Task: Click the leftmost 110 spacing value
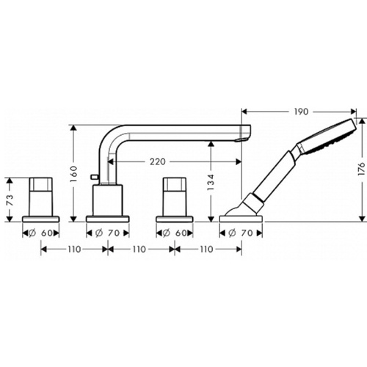(70, 250)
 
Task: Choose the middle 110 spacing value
(139, 250)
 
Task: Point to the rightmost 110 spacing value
(208, 250)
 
